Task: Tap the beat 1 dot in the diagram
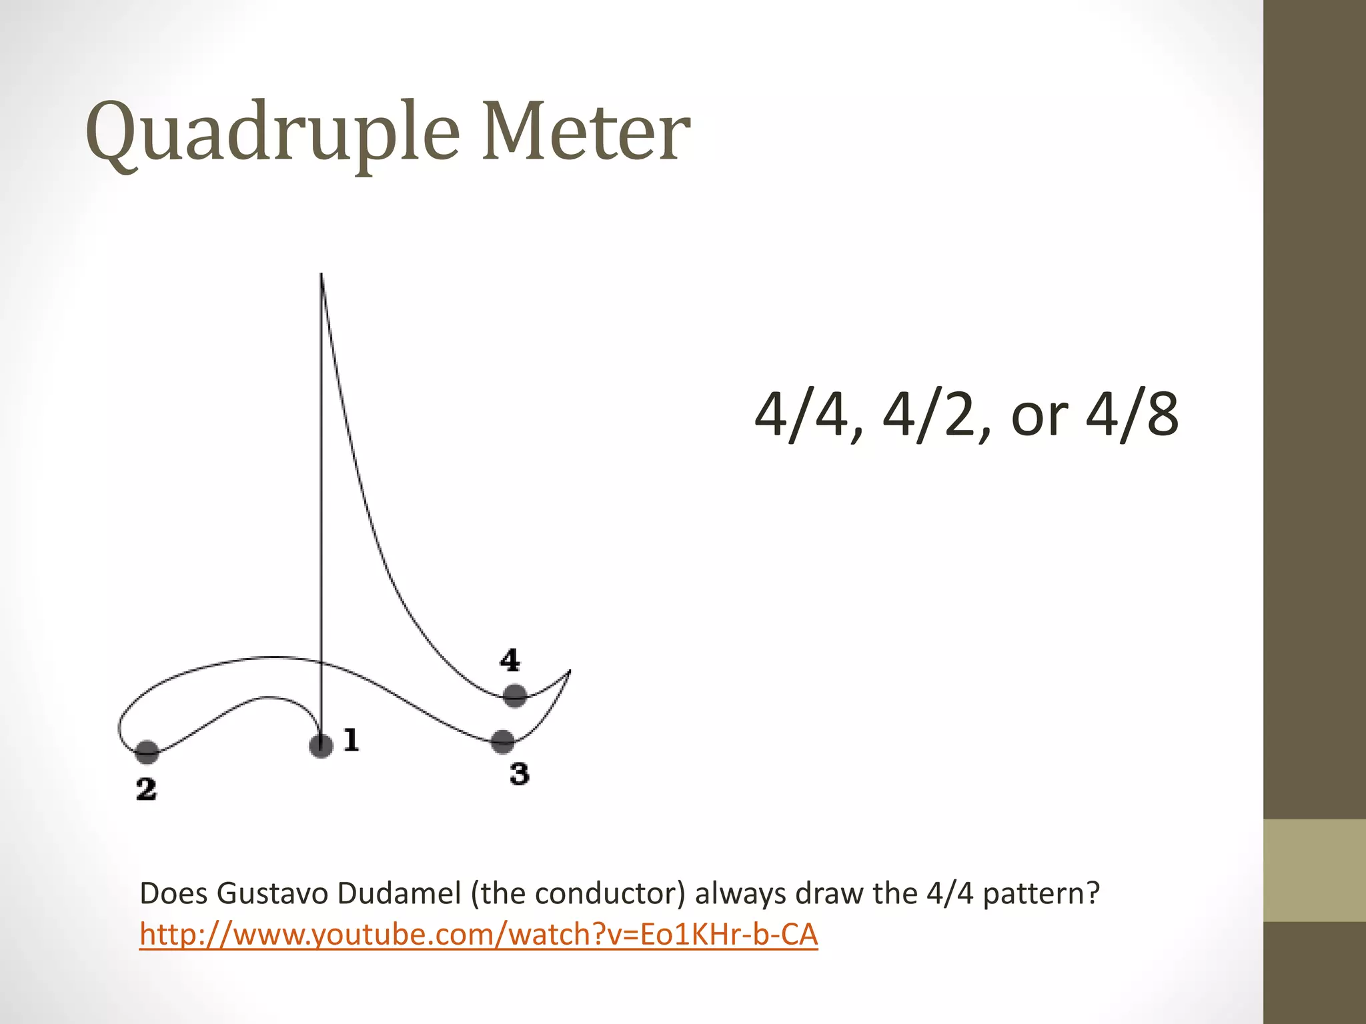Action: (321, 745)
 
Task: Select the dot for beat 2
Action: (147, 752)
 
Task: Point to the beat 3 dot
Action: (503, 741)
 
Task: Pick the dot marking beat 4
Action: (514, 696)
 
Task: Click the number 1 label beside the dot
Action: (351, 740)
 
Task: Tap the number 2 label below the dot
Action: (146, 789)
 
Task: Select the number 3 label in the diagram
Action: (519, 775)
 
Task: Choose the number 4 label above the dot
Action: (510, 660)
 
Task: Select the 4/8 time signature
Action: (1132, 415)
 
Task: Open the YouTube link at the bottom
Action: (478, 935)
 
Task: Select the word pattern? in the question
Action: (1041, 893)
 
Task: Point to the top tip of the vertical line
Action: (321, 275)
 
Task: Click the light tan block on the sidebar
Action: (1314, 871)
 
